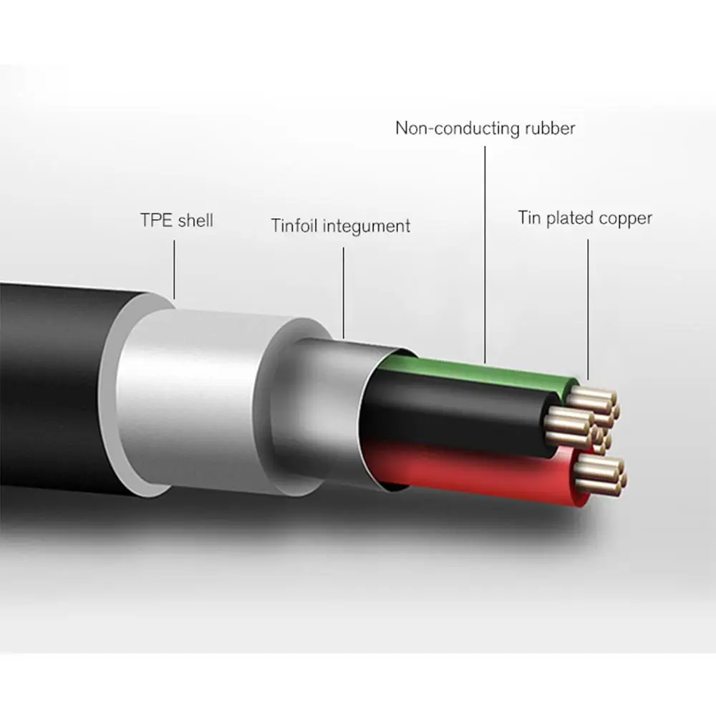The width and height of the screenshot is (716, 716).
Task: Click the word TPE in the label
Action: tap(155, 219)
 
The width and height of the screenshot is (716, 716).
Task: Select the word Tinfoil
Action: tap(294, 226)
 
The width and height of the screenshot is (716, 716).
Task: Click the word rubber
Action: tap(548, 129)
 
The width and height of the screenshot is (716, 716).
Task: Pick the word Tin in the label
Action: tap(530, 218)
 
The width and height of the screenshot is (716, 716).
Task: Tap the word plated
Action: tap(571, 218)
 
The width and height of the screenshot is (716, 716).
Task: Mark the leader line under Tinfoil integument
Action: tap(342, 294)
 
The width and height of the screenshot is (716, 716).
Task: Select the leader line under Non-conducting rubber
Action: tap(485, 251)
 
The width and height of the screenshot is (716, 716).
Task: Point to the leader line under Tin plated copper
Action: tap(588, 308)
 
